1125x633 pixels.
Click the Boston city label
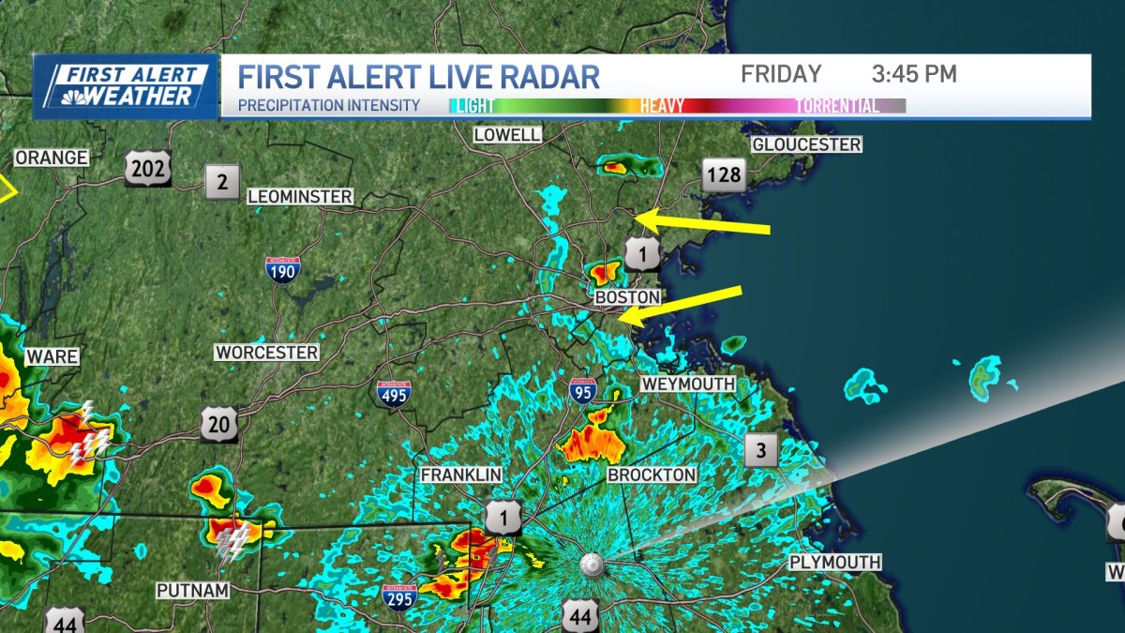tap(627, 297)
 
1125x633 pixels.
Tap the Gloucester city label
tap(806, 144)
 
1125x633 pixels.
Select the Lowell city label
tap(507, 135)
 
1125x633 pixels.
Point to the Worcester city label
tap(267, 353)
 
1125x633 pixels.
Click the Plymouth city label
tap(834, 562)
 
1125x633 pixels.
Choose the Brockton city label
tap(652, 475)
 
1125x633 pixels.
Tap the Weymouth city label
tap(688, 384)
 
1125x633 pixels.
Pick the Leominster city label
tap(300, 197)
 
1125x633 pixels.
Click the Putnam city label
tap(192, 590)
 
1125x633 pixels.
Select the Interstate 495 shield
tap(394, 392)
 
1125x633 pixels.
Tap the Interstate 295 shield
tap(399, 596)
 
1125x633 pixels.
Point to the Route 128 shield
tap(725, 173)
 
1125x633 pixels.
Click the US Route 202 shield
tap(148, 169)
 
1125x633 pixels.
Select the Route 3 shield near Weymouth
tap(761, 451)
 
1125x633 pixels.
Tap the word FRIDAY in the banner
tap(781, 74)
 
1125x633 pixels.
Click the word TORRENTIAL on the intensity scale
tap(837, 106)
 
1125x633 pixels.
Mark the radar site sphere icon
tap(592, 564)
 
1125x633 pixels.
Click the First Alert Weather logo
tap(126, 85)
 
